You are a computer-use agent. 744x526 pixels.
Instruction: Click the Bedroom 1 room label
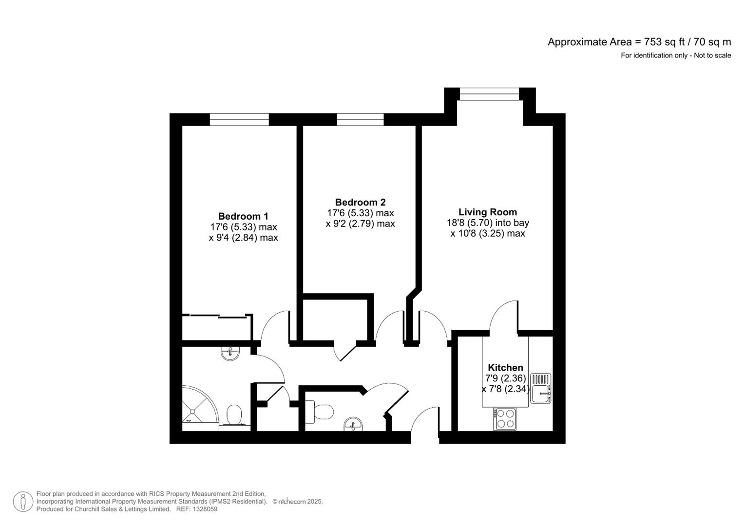point(243,216)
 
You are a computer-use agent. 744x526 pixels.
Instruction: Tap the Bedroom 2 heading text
point(360,202)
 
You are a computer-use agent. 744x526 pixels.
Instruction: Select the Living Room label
point(487,212)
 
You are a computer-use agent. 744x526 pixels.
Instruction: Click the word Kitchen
point(505,368)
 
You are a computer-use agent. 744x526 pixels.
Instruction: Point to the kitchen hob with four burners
point(505,419)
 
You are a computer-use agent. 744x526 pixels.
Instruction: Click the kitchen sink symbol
point(540,388)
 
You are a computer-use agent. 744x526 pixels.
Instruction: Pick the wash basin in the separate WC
point(353,424)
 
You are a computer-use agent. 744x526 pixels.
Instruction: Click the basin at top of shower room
point(230,353)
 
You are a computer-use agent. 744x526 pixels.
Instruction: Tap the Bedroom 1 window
point(239,119)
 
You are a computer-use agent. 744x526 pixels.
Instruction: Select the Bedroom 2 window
point(360,119)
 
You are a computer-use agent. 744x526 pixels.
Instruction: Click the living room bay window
point(489,94)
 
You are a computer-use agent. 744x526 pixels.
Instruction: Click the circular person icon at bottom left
point(23,502)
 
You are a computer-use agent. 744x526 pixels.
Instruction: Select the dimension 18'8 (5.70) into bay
point(488,223)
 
